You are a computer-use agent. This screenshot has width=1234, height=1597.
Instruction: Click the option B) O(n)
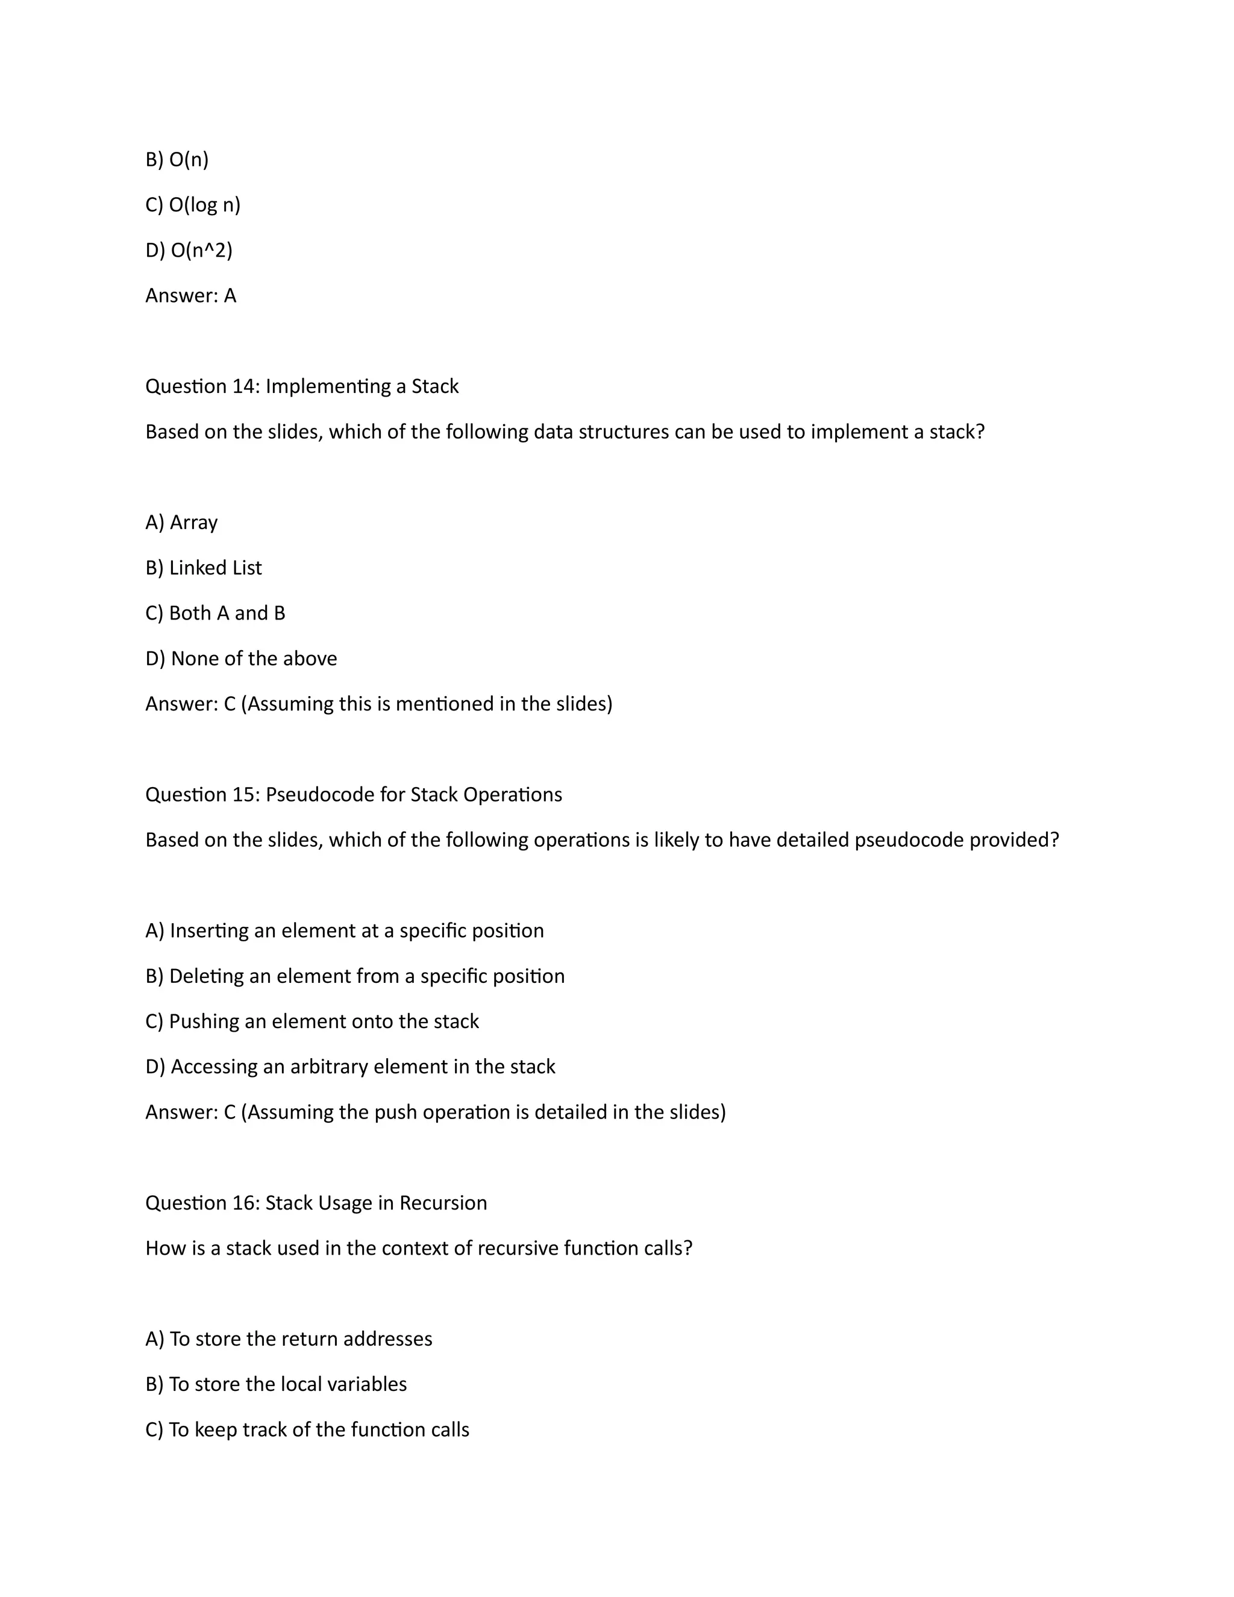tap(177, 160)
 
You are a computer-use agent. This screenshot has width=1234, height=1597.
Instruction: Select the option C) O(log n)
tap(193, 205)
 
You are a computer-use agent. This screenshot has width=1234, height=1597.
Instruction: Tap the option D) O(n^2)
tap(189, 250)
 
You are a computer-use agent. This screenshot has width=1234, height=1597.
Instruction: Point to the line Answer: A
tap(191, 295)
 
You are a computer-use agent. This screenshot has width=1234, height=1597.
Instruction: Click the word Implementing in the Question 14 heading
tap(328, 386)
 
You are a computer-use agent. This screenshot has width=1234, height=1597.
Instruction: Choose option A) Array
tap(181, 522)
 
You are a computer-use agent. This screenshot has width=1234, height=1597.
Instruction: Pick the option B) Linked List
tap(203, 568)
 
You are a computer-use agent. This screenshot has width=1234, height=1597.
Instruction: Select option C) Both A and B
tap(215, 613)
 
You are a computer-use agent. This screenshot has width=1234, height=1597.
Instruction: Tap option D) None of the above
tap(241, 658)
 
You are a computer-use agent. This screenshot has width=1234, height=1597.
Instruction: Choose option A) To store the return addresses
tap(289, 1339)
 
